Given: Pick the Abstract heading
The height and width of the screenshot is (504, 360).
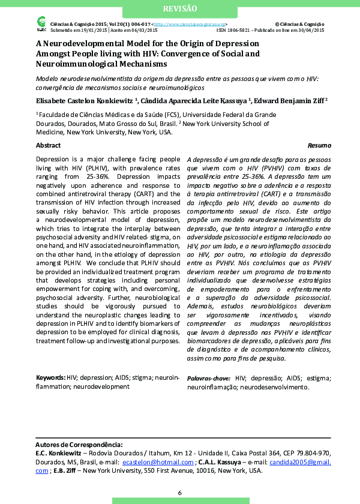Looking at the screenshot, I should pos(48,146).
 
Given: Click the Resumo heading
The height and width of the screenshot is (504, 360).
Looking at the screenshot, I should pos(315,146).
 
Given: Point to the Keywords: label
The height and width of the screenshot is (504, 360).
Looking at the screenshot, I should pos(50,377).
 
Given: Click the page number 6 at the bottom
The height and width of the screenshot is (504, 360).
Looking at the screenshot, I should pos(179,493).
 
